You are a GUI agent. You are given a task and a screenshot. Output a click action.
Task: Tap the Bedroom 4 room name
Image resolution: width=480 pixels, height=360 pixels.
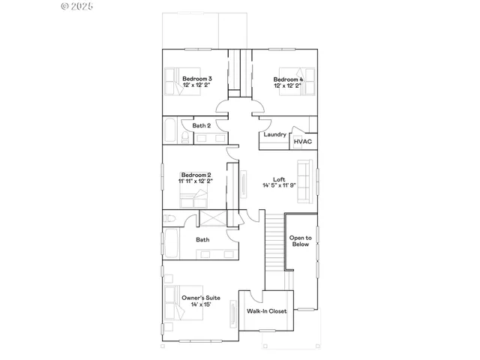pyautogui.click(x=288, y=79)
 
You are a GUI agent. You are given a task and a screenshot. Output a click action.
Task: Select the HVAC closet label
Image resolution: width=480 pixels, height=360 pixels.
pyautogui.click(x=303, y=141)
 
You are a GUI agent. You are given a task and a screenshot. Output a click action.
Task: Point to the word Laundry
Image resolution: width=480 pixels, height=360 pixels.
pyautogui.click(x=274, y=135)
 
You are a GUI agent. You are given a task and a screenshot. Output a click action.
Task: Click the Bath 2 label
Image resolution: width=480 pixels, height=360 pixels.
pyautogui.click(x=202, y=126)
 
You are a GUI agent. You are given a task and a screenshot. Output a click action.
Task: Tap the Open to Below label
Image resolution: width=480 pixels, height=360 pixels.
pyautogui.click(x=300, y=241)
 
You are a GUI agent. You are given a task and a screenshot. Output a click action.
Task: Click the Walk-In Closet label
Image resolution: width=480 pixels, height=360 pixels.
pyautogui.click(x=266, y=310)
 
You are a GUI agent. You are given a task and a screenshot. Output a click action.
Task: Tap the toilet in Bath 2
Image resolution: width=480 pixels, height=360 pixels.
pyautogui.click(x=185, y=136)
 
